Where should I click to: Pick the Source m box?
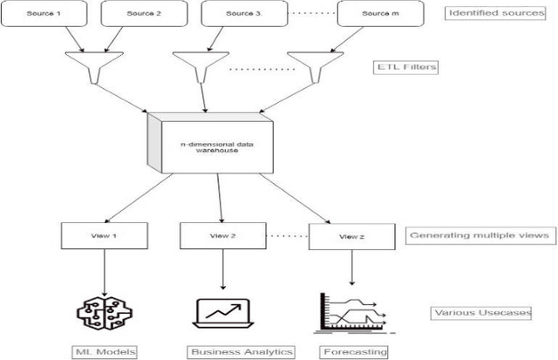375,14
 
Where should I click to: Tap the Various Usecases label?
481,312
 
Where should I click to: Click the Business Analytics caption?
241,351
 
